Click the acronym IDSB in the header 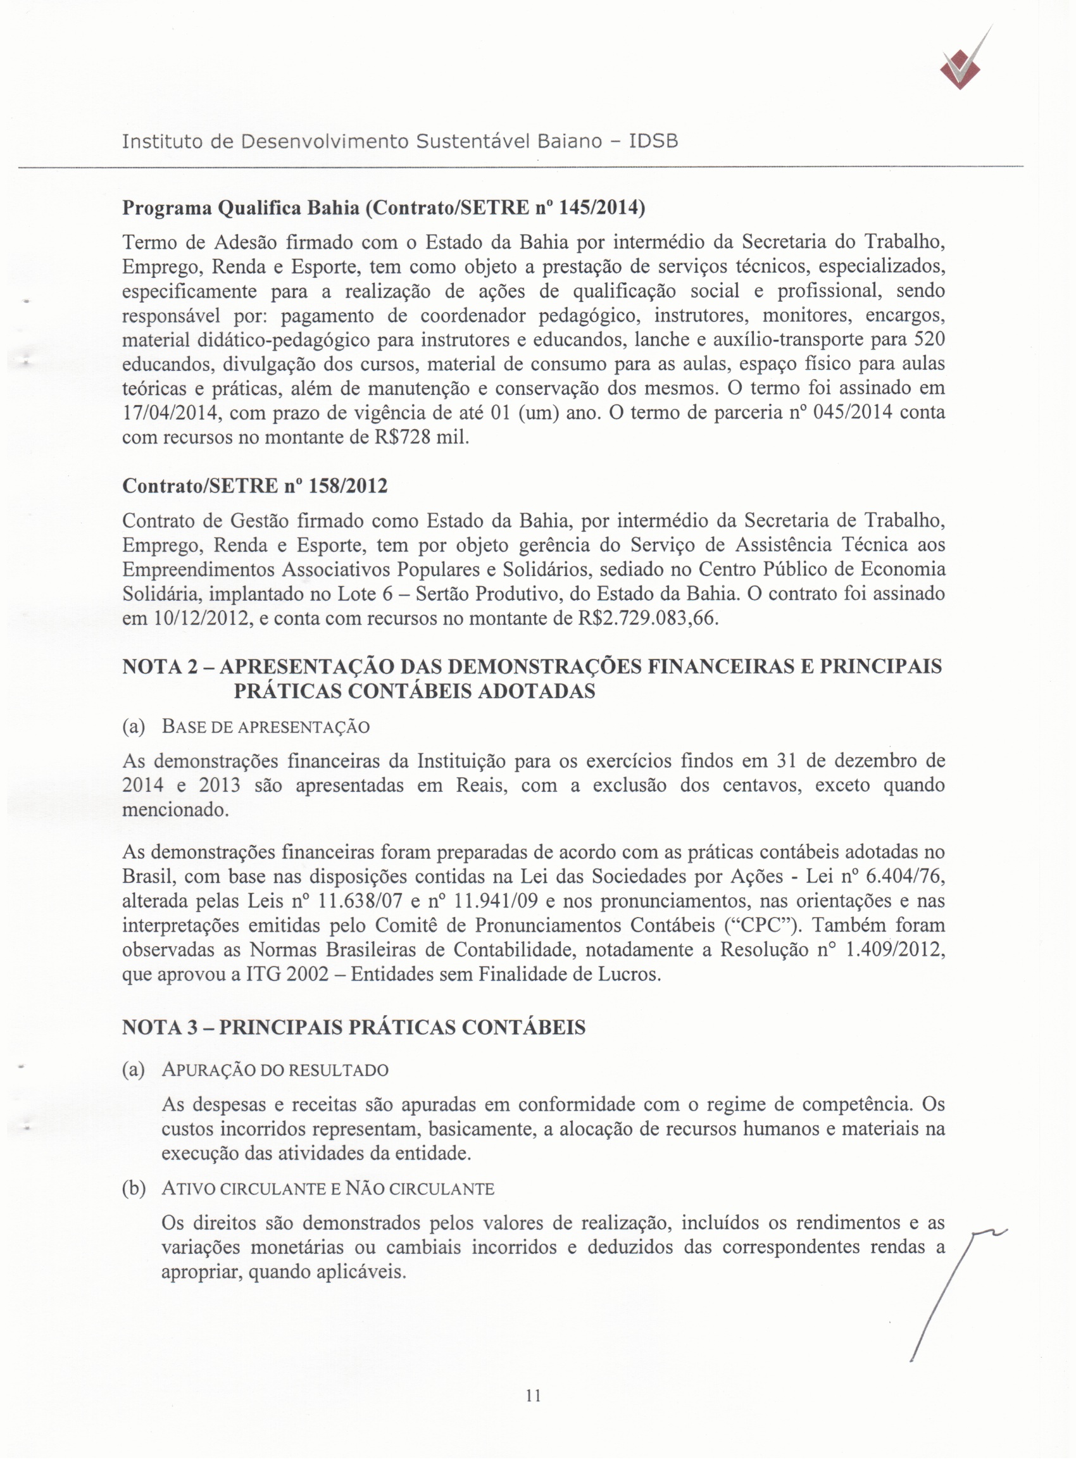[x=653, y=141]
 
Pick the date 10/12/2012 [x=199, y=618]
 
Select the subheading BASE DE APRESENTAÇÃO [x=265, y=727]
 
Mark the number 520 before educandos [x=929, y=340]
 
